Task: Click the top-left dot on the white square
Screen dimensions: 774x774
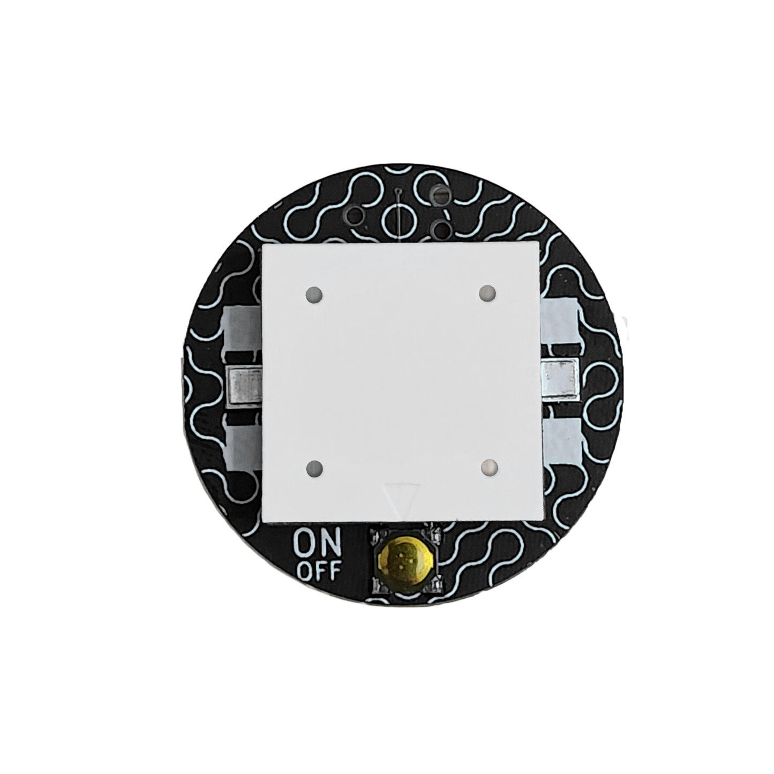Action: coord(314,295)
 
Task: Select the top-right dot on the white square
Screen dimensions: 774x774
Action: coord(488,292)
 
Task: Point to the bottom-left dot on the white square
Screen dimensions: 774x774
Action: coord(314,469)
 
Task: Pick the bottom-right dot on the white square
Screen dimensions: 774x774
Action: coord(489,467)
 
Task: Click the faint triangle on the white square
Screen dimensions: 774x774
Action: coord(402,499)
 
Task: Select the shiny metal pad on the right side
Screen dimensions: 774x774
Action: coord(561,377)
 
